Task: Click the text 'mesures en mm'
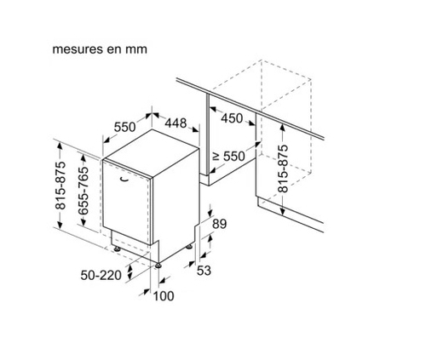click(100, 49)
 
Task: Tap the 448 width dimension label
click(176, 123)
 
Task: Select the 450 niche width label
click(232, 118)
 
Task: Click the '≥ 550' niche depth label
click(228, 156)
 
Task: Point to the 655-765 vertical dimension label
click(83, 191)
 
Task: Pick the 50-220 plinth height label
click(101, 275)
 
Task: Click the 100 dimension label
click(164, 296)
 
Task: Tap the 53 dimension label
click(204, 271)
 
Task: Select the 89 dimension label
click(220, 224)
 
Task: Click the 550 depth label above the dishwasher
click(124, 127)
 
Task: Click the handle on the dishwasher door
click(124, 179)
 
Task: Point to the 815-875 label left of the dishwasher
click(60, 186)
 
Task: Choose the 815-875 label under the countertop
click(283, 169)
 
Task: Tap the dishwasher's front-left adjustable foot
click(117, 249)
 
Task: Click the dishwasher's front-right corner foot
click(158, 266)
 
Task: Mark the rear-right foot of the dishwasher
click(189, 247)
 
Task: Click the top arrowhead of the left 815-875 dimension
click(60, 146)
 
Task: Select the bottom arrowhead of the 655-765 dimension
click(83, 222)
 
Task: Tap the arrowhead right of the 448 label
click(196, 129)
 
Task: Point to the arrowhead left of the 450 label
click(213, 109)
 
